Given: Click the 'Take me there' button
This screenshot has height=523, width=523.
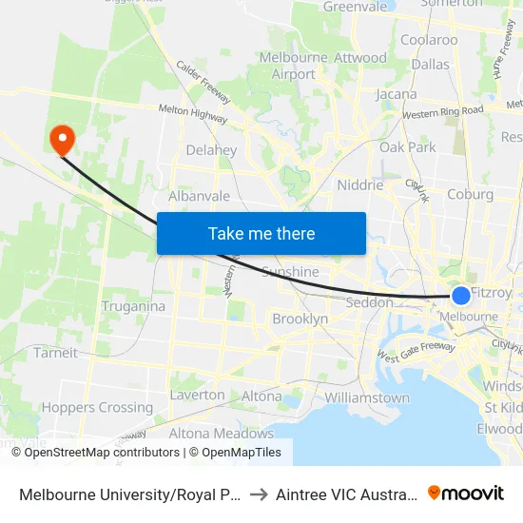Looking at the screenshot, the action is point(261,233).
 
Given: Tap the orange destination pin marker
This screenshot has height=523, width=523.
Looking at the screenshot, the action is point(63,140).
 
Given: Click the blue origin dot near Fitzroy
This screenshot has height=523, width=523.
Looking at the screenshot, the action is point(460,296).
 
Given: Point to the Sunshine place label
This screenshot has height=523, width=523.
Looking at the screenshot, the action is point(290,272).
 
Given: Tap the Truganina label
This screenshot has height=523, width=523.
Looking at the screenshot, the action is point(133,306).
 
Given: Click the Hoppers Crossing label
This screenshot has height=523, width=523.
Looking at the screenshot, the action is point(97,407).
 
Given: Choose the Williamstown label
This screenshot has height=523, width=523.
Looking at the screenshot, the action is point(367,397).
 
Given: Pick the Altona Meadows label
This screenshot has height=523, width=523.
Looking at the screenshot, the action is point(221,433).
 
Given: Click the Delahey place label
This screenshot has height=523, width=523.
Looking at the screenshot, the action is point(211,150).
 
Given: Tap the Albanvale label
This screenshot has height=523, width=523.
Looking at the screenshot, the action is point(199,195).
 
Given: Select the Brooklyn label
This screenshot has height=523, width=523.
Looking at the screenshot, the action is point(300,319).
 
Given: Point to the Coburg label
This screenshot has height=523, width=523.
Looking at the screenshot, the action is point(470,194).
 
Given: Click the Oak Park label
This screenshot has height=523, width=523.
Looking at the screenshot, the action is point(407,147).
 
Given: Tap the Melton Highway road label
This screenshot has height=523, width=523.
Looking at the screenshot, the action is point(193,114).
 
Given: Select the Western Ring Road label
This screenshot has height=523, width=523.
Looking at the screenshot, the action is point(443,112).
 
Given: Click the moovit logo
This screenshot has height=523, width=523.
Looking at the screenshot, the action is point(466,493).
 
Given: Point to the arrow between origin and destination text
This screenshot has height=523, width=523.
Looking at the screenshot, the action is point(259,494).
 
